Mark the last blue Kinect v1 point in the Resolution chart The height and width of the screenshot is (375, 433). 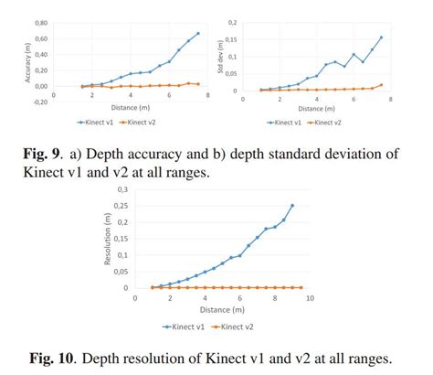(x=292, y=206)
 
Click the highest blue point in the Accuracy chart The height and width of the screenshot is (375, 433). (x=198, y=33)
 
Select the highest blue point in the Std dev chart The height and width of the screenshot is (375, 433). (x=381, y=37)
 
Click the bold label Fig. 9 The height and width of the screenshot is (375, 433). (x=51, y=154)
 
